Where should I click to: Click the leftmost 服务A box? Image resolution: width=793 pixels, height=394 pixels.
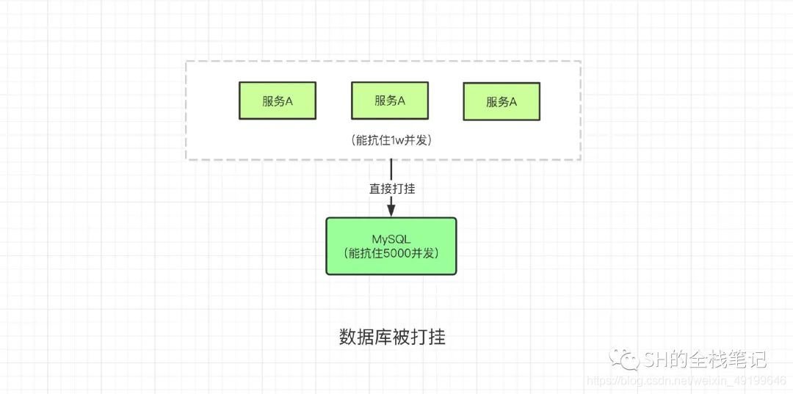277,101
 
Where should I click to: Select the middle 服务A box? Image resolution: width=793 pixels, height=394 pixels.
389,101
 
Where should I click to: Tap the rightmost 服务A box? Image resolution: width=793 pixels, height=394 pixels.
501,102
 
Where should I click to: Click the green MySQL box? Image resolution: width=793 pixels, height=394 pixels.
391,246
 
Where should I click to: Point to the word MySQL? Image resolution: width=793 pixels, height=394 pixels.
391,238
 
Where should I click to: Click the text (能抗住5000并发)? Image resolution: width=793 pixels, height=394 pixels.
391,253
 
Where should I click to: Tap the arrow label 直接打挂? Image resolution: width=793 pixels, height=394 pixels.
391,188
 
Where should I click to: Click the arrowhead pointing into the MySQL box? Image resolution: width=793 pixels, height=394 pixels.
391,211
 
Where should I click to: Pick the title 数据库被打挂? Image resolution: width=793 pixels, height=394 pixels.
392,338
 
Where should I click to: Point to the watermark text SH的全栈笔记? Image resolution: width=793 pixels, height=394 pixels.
704,360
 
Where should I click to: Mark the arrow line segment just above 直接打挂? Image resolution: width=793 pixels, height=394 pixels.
391,169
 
